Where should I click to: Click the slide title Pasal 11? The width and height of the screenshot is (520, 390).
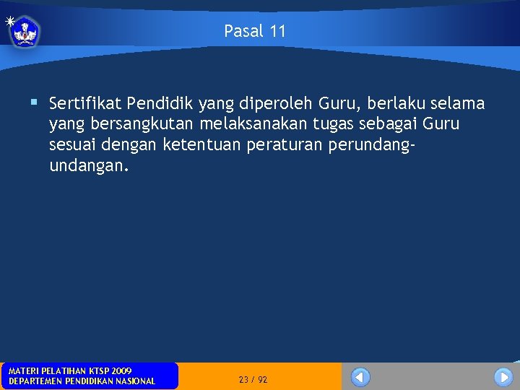click(x=254, y=31)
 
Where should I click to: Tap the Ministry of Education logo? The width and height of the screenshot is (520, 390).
click(x=25, y=31)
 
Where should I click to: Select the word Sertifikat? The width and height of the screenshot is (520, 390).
click(x=85, y=104)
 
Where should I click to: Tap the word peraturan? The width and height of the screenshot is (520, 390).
click(x=285, y=145)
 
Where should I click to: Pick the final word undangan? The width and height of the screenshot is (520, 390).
click(x=89, y=166)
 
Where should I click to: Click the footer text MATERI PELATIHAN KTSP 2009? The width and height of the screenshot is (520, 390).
click(x=70, y=370)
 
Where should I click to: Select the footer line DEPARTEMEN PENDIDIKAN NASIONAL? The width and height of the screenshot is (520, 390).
click(x=82, y=381)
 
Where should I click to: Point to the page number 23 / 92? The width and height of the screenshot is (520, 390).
click(x=253, y=379)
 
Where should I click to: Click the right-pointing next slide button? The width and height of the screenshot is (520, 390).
click(x=503, y=377)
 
